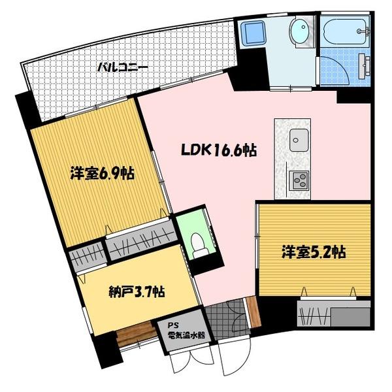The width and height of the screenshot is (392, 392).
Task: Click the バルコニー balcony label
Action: [123, 67]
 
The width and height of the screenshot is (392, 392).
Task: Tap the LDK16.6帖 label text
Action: [218, 151]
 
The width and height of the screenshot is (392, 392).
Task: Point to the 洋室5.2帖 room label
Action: [314, 252]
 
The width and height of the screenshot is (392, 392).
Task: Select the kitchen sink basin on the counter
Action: [300, 139]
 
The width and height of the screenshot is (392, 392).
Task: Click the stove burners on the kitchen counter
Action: [300, 178]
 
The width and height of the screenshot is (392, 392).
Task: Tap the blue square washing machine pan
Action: [252, 33]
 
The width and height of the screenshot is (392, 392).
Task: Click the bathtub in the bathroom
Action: [346, 29]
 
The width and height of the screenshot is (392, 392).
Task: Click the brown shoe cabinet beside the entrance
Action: [252, 312]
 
